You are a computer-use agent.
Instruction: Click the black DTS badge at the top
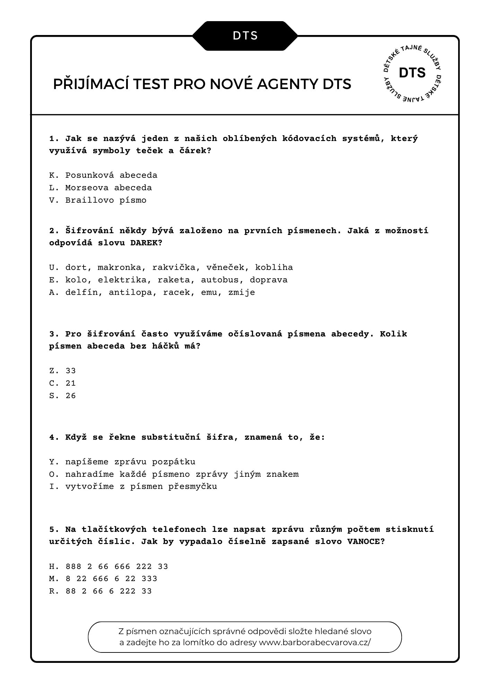pyautogui.click(x=245, y=36)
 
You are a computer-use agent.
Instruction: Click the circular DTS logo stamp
pyautogui.click(x=412, y=73)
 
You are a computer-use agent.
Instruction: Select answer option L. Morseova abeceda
pyautogui.click(x=100, y=188)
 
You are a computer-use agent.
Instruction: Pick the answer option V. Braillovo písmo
pyautogui.click(x=98, y=200)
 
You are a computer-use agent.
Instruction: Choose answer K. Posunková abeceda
pyautogui.click(x=103, y=175)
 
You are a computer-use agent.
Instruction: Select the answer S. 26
pyautogui.click(x=62, y=396)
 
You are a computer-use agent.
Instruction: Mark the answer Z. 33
pyautogui.click(x=62, y=371)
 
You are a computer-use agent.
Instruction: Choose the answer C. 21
pyautogui.click(x=62, y=383)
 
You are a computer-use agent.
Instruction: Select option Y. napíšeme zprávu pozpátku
pyautogui.click(x=122, y=462)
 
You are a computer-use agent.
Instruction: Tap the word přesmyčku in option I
pyautogui.click(x=193, y=486)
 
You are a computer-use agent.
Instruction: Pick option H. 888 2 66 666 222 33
pyautogui.click(x=108, y=567)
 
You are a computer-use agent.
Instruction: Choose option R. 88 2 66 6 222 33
pyautogui.click(x=100, y=591)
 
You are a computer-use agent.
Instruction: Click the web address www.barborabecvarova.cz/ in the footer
pyautogui.click(x=315, y=642)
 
